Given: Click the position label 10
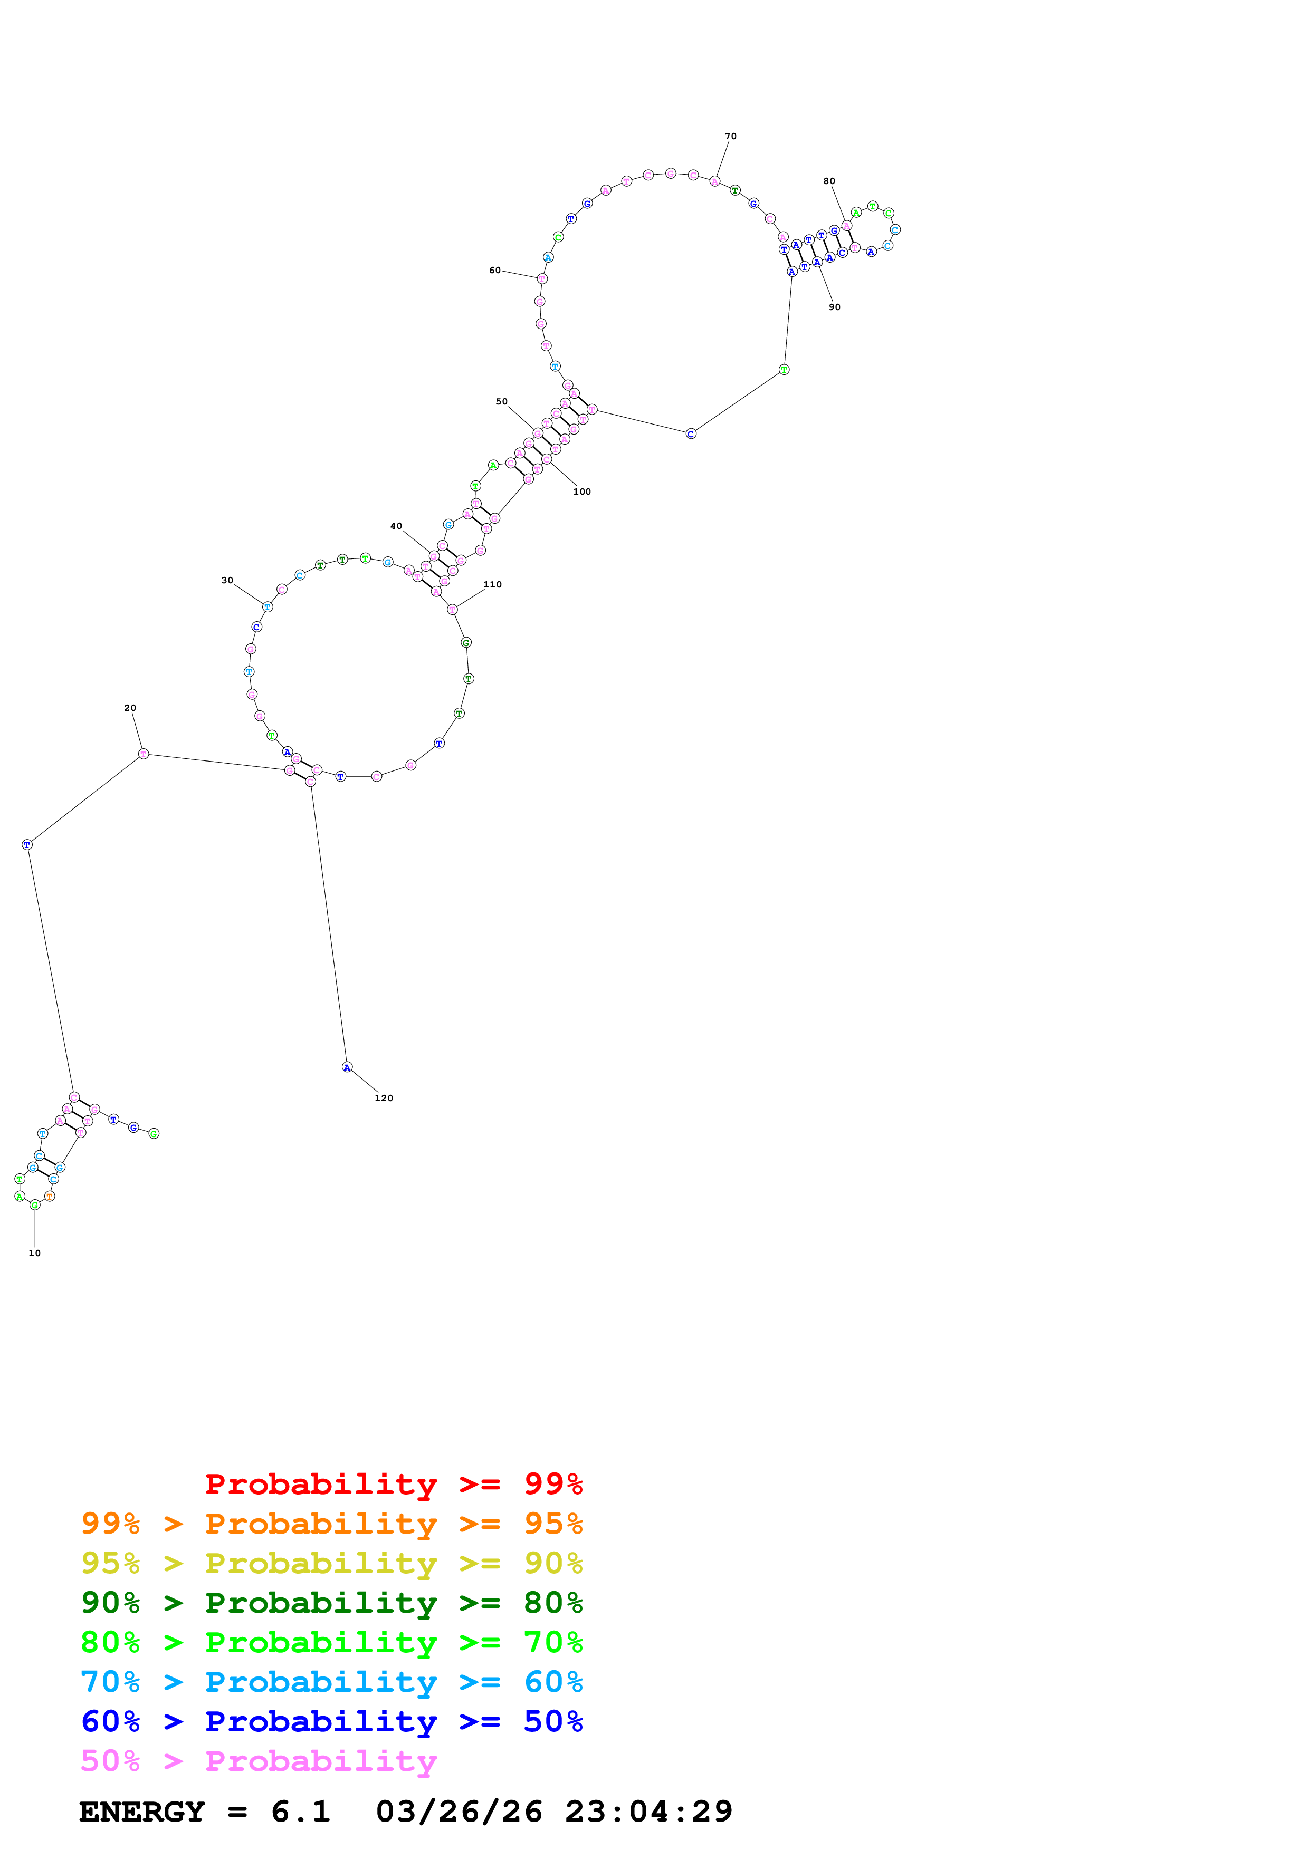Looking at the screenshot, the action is tap(35, 1253).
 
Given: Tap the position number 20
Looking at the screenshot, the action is tap(130, 707).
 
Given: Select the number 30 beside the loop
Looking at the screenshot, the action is tap(227, 580).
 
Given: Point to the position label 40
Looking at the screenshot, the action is tap(396, 526).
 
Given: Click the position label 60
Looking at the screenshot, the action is tap(495, 270).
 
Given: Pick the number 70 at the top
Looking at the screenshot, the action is tap(730, 136).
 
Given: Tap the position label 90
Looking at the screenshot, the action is tap(834, 307).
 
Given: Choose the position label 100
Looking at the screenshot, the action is tap(582, 492).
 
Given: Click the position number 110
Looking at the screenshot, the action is tap(492, 584).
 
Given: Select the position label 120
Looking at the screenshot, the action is tap(384, 1098).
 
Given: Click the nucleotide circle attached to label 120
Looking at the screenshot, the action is tap(347, 1067).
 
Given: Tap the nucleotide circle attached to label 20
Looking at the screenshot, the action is tap(144, 754).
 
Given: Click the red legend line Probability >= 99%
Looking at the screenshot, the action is tap(393, 1483).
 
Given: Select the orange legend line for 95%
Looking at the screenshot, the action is tap(331, 1524).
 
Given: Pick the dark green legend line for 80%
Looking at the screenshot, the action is tap(331, 1603).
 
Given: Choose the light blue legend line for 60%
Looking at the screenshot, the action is tap(331, 1682).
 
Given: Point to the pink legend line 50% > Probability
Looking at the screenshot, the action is tap(259, 1761).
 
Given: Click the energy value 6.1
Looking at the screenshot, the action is tap(301, 1812).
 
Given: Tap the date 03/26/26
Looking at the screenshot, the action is tap(459, 1812).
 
